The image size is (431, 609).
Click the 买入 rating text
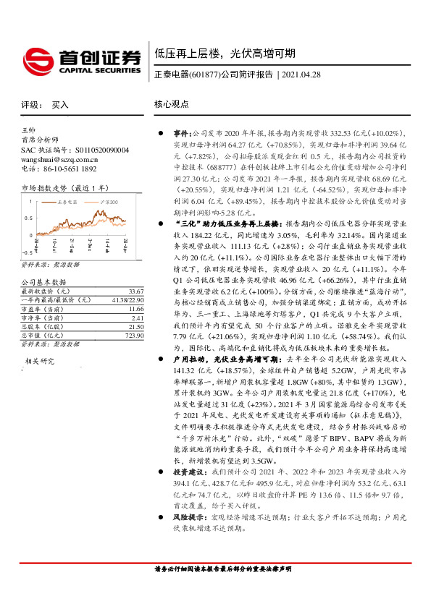[x=60, y=105]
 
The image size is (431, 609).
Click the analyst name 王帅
[x=30, y=130]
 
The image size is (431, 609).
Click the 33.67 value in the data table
[x=117, y=291]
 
